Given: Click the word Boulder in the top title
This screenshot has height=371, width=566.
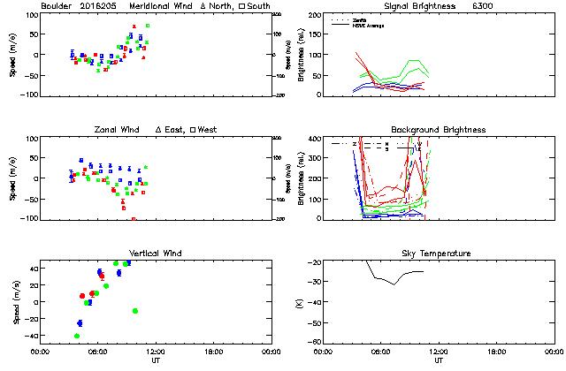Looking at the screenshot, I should coord(57,5).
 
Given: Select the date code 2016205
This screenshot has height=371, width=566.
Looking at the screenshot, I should coord(100,5).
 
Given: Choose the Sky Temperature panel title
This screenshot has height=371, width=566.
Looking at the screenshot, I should coord(439,254).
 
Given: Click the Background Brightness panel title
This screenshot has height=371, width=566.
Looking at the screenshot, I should coord(439,130).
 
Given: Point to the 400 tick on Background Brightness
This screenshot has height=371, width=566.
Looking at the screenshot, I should coord(317,140).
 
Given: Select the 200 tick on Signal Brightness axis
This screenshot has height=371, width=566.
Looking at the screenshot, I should coord(317,16).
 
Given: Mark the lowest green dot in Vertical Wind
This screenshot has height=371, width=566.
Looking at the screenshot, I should coord(77,336).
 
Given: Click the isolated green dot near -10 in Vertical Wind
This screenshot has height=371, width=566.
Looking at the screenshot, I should coord(134,311).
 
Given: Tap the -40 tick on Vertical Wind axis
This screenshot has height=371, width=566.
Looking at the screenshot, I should coord(27,337).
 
